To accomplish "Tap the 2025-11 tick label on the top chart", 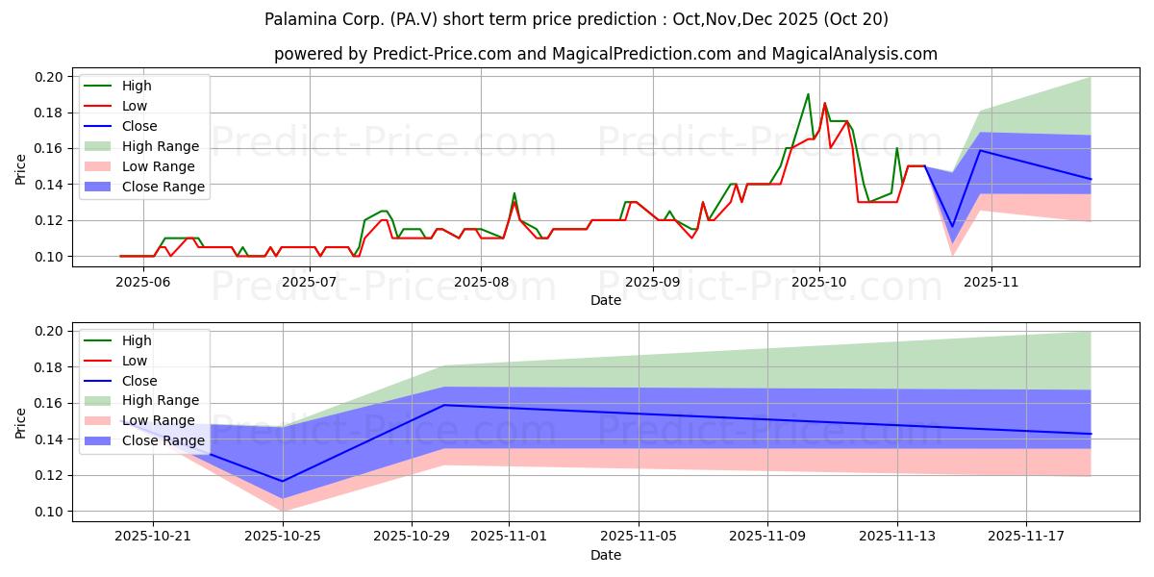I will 991,282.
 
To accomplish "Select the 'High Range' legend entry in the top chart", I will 161,146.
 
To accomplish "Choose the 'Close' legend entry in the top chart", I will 140,126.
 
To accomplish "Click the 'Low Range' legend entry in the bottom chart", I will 159,420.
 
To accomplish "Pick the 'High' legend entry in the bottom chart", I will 138,340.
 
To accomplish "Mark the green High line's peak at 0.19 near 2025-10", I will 808,94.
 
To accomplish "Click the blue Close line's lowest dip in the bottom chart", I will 282,481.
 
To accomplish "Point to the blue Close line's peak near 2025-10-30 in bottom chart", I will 444,405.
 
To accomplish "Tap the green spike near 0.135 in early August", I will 514,193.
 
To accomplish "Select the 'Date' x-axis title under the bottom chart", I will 606,555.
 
